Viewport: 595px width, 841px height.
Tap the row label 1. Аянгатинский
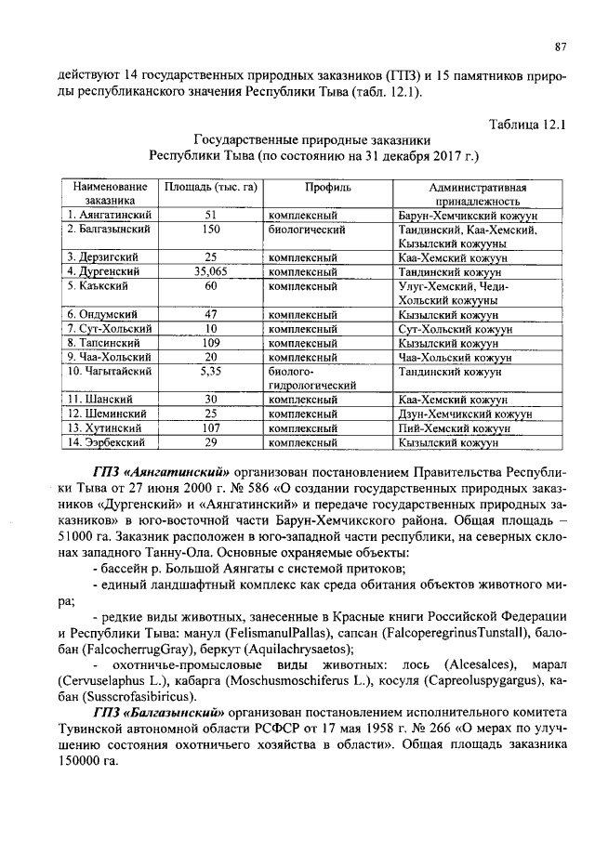[x=110, y=214]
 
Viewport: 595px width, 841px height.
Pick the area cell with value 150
[x=211, y=228]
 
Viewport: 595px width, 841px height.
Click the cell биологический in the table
[x=307, y=228]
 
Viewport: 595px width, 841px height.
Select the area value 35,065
[x=211, y=271]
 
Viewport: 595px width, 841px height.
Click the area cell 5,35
[x=211, y=372]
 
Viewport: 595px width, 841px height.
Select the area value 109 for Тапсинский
[x=211, y=343]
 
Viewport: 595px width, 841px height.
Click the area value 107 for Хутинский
[x=211, y=429]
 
